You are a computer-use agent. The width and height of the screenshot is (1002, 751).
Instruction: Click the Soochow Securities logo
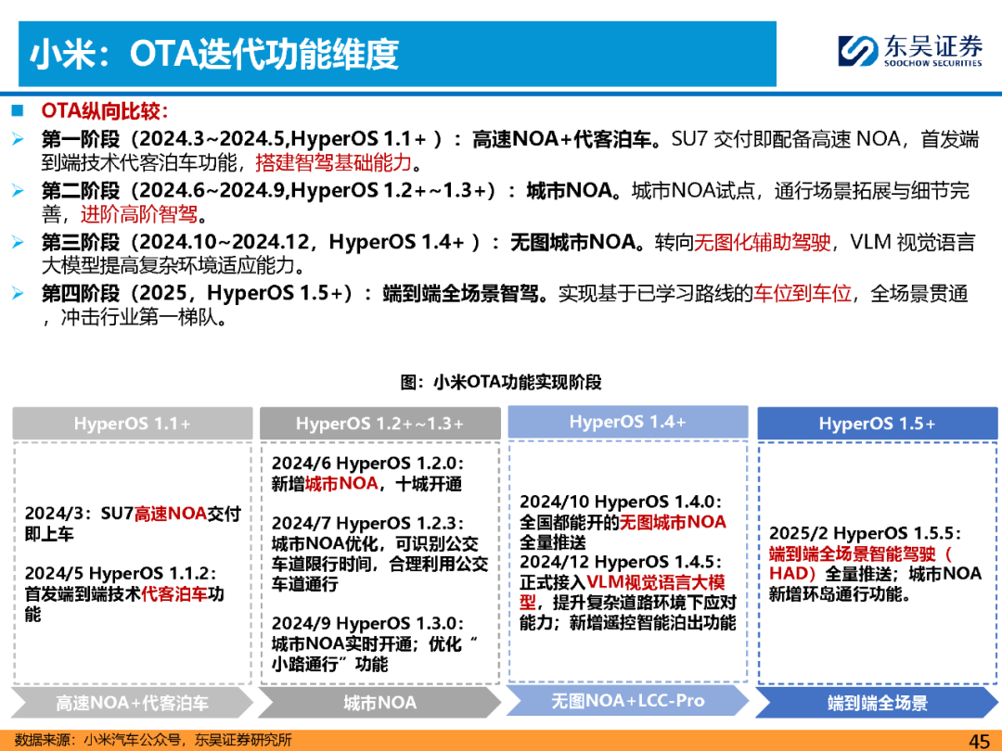click(910, 51)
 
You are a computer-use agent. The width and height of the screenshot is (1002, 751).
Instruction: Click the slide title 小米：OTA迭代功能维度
click(214, 54)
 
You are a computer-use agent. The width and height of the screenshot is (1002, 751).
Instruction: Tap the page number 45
click(979, 741)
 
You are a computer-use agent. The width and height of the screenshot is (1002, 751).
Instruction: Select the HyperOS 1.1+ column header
click(133, 424)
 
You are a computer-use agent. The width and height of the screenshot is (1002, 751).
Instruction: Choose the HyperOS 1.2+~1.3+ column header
click(379, 424)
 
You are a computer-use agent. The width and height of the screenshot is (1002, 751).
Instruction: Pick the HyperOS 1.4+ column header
click(627, 422)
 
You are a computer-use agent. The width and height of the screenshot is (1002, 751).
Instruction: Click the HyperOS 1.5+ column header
click(878, 424)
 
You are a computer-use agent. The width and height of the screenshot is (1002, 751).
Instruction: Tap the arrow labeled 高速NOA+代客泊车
click(133, 703)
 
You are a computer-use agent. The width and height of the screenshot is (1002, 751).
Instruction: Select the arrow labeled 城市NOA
click(379, 703)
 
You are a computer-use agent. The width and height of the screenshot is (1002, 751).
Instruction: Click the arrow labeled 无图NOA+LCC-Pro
click(627, 701)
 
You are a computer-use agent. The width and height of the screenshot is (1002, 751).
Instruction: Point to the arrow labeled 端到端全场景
click(878, 703)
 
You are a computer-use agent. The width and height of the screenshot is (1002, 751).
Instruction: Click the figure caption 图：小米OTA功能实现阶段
click(501, 382)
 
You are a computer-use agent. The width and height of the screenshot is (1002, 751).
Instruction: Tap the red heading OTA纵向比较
click(104, 111)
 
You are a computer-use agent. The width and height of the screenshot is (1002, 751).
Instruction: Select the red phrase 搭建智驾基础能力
click(333, 163)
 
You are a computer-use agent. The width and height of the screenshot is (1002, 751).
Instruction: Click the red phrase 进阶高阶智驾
click(138, 214)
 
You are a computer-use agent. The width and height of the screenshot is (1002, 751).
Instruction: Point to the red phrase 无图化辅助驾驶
click(763, 242)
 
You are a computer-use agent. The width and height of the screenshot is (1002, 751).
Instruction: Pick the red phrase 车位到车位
click(803, 293)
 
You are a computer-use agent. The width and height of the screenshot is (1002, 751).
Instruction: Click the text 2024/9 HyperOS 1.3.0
click(367, 623)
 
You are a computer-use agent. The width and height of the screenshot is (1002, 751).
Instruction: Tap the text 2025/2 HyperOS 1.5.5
click(865, 532)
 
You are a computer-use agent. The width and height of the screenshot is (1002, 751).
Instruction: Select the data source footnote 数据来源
click(153, 740)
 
